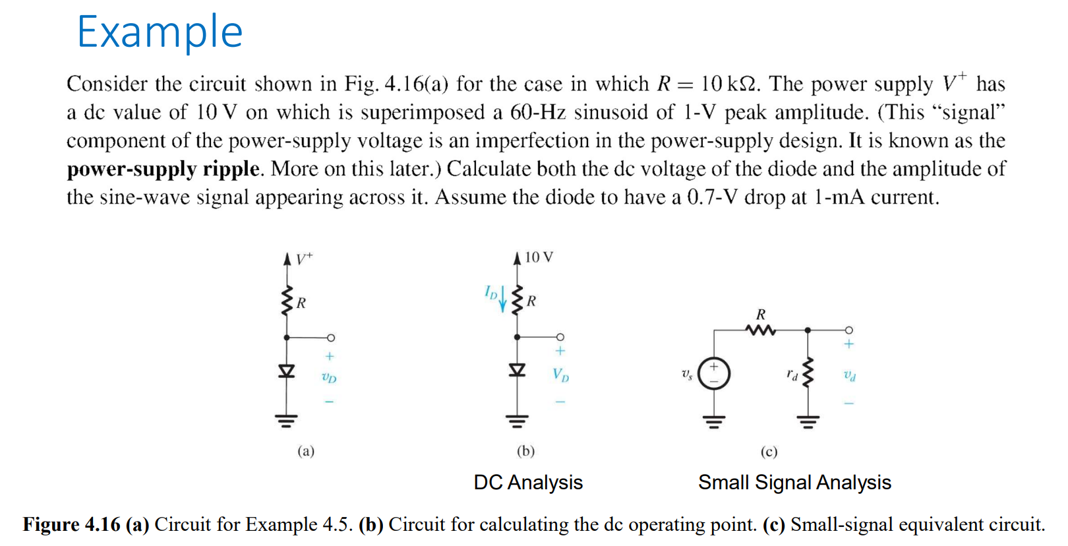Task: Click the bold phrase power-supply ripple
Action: [x=163, y=169]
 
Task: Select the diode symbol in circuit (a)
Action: [x=286, y=371]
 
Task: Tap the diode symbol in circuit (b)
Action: [x=517, y=370]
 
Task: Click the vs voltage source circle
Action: [x=714, y=374]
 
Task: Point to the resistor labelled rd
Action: [x=808, y=373]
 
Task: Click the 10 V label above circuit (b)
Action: [x=539, y=257]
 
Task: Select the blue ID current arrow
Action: [x=503, y=299]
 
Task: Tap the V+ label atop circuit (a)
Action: [x=304, y=258]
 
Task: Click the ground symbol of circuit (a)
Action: [x=286, y=421]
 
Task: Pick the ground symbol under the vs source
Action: [x=714, y=421]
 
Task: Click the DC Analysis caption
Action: [x=528, y=483]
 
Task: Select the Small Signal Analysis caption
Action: [x=794, y=483]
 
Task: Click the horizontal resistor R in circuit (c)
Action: [x=761, y=329]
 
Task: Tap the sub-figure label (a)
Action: [x=306, y=451]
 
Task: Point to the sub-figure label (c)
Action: [x=769, y=452]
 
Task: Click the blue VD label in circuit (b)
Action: [x=560, y=375]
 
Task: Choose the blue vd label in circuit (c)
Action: [x=850, y=376]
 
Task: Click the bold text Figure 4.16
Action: [x=71, y=525]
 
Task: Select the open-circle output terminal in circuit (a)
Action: [x=331, y=338]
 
